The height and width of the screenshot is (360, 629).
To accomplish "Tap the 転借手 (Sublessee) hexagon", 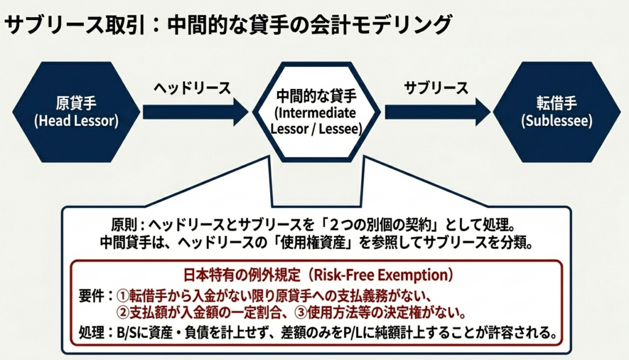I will tap(557, 111).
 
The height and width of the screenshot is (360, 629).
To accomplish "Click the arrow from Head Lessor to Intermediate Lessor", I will tap(194, 112).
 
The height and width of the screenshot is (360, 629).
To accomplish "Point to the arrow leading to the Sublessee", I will tap(436, 112).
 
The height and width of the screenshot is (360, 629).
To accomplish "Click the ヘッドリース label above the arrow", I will tap(192, 88).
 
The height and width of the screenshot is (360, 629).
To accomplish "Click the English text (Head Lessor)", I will tap(76, 121).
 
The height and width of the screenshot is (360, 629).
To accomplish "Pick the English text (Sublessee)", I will tap(557, 121).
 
